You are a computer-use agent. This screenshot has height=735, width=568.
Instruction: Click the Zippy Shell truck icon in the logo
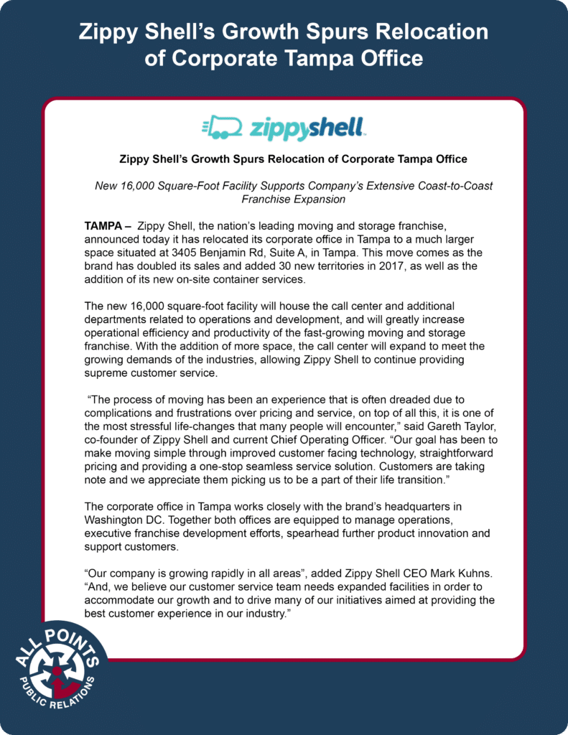pyautogui.click(x=222, y=128)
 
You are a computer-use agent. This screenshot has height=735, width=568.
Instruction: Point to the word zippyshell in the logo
pyautogui.click(x=308, y=128)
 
